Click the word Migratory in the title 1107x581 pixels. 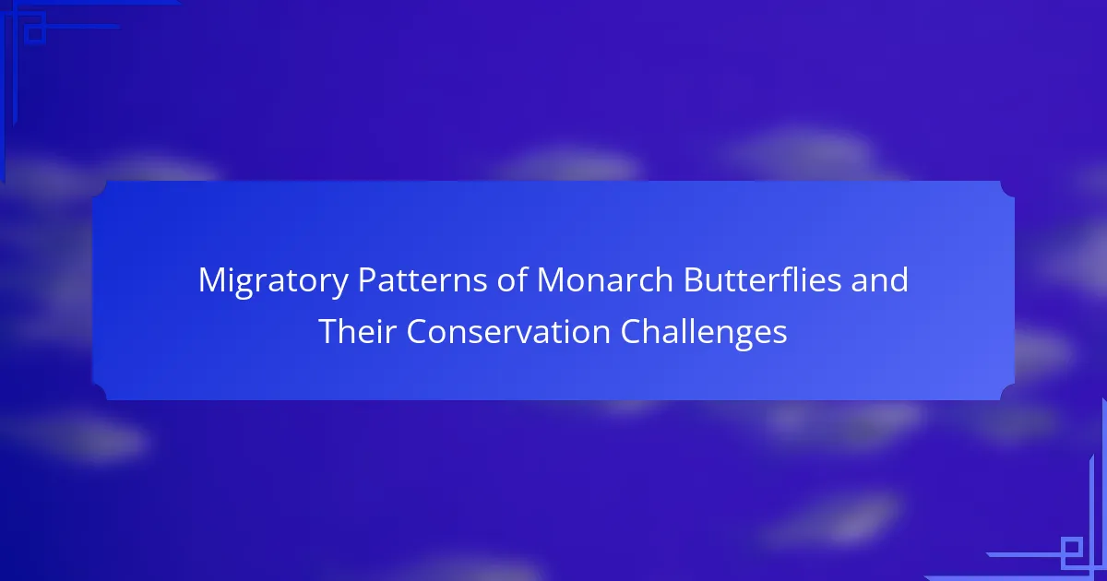coord(273,281)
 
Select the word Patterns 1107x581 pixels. coord(423,279)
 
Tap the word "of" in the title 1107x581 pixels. coord(512,279)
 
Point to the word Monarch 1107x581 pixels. coord(605,279)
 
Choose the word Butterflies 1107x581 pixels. coord(763,279)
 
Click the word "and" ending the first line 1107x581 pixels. coord(880,279)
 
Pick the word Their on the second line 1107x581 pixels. coord(358,331)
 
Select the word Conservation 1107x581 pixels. coord(508,331)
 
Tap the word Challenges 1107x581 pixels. coord(704,333)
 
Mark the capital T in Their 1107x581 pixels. coord(329,331)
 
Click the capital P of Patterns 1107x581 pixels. coord(367,280)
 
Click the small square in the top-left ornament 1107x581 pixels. coord(35,34)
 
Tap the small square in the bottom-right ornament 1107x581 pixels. coord(1072,548)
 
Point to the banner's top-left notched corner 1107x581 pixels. coord(100,188)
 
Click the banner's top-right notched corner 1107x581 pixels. coord(1007,188)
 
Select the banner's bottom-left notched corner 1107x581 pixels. coord(100,393)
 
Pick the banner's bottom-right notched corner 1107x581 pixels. coord(1007,393)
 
